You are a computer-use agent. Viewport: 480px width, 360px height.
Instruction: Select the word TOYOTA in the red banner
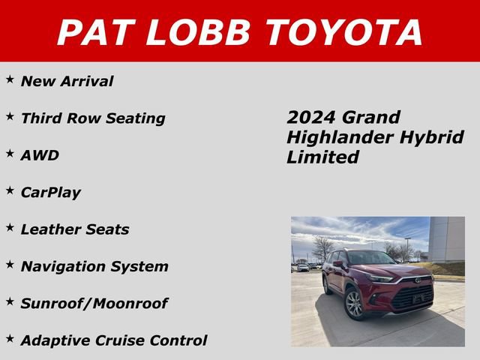click(344, 31)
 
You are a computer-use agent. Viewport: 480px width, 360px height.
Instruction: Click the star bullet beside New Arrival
click(10, 79)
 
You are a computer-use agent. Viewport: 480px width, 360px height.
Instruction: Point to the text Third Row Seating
click(93, 118)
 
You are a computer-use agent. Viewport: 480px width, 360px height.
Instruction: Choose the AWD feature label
click(40, 155)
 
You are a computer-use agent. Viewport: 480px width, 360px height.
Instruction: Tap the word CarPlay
click(51, 193)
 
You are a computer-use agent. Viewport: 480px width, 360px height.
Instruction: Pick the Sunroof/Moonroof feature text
click(94, 304)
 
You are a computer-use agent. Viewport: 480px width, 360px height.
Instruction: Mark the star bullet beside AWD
click(10, 154)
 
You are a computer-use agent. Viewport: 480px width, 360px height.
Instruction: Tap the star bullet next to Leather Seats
click(10, 228)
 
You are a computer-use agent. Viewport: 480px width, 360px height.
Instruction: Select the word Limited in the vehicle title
click(322, 157)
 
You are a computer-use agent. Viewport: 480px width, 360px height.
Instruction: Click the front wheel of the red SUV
click(354, 304)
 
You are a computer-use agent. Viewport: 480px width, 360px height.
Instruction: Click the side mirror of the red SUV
click(339, 264)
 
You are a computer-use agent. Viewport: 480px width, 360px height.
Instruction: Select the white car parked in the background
click(303, 267)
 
